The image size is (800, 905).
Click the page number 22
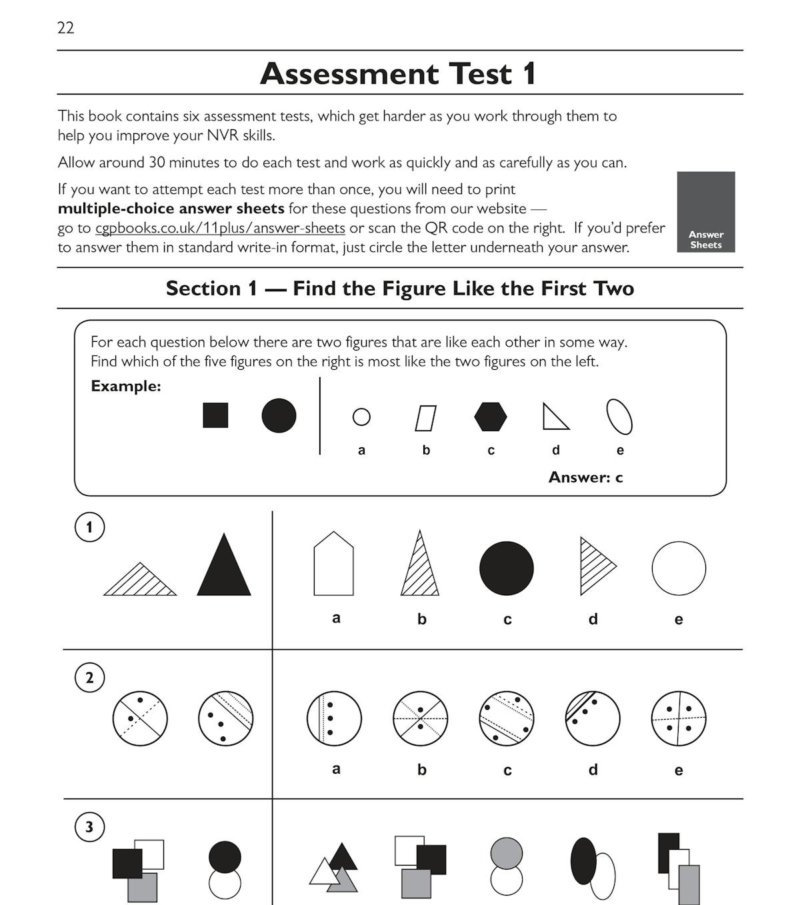pyautogui.click(x=65, y=28)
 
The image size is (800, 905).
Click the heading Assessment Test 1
pyautogui.click(x=398, y=73)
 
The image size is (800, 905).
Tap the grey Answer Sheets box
pyautogui.click(x=705, y=212)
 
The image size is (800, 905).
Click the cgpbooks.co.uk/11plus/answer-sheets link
pyautogui.click(x=220, y=228)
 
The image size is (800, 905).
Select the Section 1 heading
pyautogui.click(x=400, y=289)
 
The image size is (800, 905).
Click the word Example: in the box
pyautogui.click(x=126, y=386)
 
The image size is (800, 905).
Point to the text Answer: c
pyautogui.click(x=585, y=477)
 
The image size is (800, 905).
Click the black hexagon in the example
pyautogui.click(x=491, y=417)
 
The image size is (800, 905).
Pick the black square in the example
pyautogui.click(x=215, y=415)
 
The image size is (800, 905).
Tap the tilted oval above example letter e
pyautogui.click(x=619, y=417)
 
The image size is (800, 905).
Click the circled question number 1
pyautogui.click(x=89, y=527)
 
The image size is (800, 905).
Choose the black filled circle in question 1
pyautogui.click(x=507, y=568)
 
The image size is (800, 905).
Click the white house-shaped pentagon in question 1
pyautogui.click(x=333, y=564)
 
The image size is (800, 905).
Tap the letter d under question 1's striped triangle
pyautogui.click(x=593, y=619)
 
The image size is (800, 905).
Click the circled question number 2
pyautogui.click(x=89, y=678)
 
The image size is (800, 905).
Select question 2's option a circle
pyautogui.click(x=334, y=718)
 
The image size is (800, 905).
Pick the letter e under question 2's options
pyautogui.click(x=679, y=770)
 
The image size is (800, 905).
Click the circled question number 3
pyautogui.click(x=89, y=828)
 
